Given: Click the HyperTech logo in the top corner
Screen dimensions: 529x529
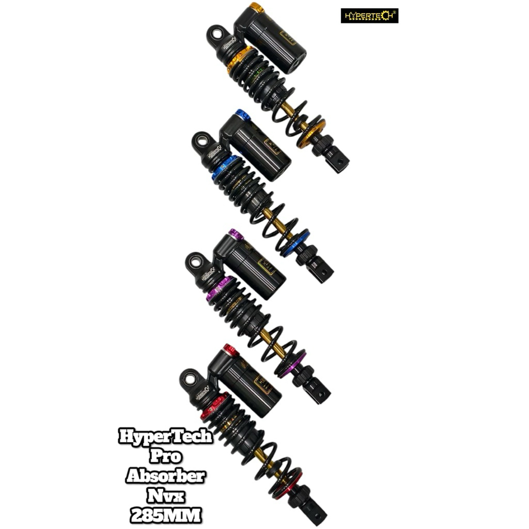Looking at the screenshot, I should [x=369, y=16].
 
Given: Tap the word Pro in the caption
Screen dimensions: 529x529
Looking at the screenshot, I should [x=165, y=457].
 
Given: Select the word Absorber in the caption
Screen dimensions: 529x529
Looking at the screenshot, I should [x=165, y=476].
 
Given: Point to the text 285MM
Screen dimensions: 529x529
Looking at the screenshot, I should [x=165, y=515].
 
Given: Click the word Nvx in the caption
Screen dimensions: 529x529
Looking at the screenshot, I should [x=165, y=496].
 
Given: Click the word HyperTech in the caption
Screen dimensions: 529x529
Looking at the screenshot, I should [x=165, y=437].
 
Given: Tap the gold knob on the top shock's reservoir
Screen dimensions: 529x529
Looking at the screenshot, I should [x=256, y=8].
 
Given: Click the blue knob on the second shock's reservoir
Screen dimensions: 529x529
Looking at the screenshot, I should [x=242, y=115].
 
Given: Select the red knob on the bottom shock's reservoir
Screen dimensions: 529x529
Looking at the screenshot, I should [x=230, y=350].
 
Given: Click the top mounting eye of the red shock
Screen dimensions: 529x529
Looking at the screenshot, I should [x=190, y=379].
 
